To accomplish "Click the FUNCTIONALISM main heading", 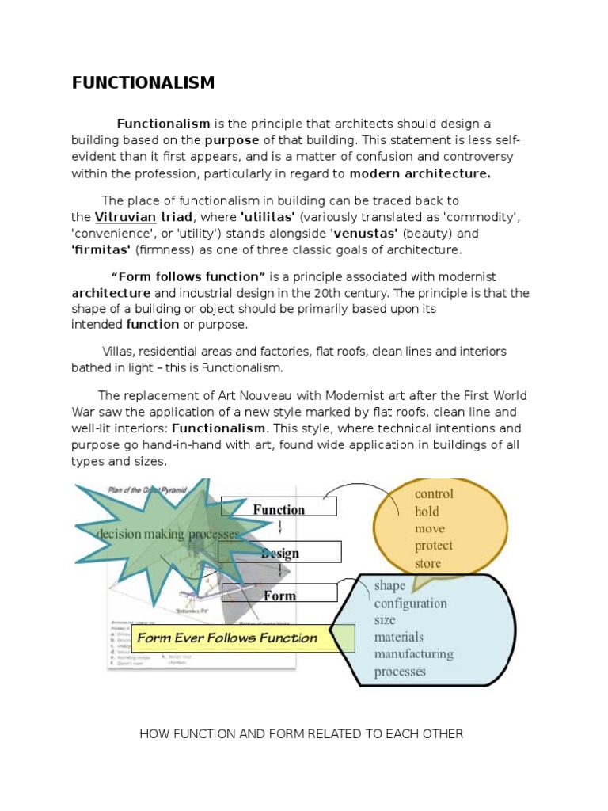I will tap(142, 83).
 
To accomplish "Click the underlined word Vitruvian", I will tap(124, 217).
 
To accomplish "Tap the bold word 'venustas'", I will tap(366, 234).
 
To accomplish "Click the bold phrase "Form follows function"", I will tap(188, 276).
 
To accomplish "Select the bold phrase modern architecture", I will tap(420, 173).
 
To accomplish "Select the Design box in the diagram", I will tap(280, 552).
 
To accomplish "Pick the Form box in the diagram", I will tap(280, 595).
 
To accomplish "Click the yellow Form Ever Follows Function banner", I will tap(227, 638).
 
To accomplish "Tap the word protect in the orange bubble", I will tap(434, 546).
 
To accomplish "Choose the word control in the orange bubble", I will tap(434, 493).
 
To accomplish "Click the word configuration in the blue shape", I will tap(410, 603).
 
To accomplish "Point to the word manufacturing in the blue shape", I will tap(413, 655).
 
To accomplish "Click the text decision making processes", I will tap(167, 535).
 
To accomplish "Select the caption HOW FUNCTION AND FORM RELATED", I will tap(301, 733).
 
